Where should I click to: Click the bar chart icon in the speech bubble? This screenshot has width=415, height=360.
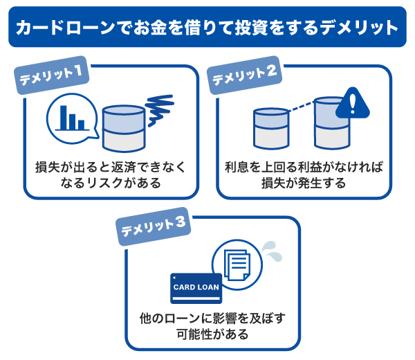[x=71, y=117]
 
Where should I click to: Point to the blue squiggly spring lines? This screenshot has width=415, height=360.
[x=160, y=106]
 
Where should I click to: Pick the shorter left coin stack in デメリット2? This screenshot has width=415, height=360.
[x=271, y=128]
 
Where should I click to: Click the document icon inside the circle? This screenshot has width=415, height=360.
[x=236, y=265]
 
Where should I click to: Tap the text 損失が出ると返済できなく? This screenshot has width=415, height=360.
[x=111, y=168]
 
